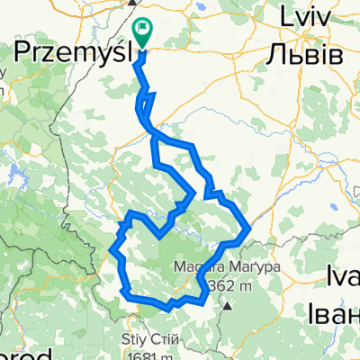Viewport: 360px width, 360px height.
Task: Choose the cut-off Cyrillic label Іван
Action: (335, 314)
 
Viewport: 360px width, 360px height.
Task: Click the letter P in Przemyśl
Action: (26, 52)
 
